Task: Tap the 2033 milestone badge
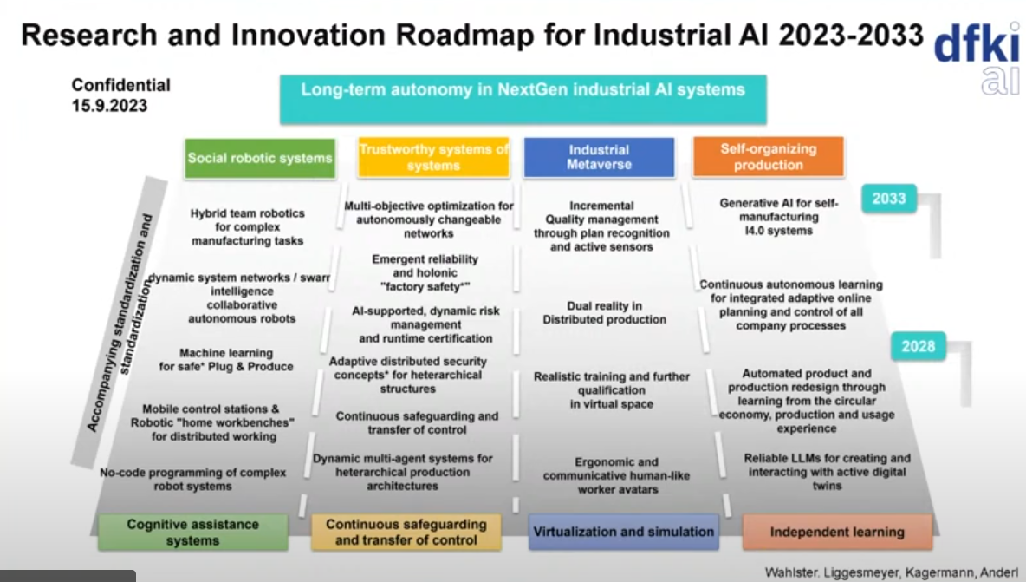(888, 199)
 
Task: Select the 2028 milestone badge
(918, 346)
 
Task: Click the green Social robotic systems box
(260, 158)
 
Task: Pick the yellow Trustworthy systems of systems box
(433, 157)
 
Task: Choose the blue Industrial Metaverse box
(599, 157)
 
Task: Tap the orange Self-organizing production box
(768, 156)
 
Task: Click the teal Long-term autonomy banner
(523, 99)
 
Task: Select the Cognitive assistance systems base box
(193, 532)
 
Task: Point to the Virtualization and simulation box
(624, 532)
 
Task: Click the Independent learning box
(838, 532)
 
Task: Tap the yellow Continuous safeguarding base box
(406, 532)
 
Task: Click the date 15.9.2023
(109, 106)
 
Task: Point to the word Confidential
(121, 85)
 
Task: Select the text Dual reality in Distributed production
(605, 313)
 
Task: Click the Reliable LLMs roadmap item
(827, 472)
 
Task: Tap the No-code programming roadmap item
(193, 479)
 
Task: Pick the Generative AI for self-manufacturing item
(779, 217)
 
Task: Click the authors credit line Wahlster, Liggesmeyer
(891, 572)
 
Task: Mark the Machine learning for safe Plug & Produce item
(226, 359)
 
